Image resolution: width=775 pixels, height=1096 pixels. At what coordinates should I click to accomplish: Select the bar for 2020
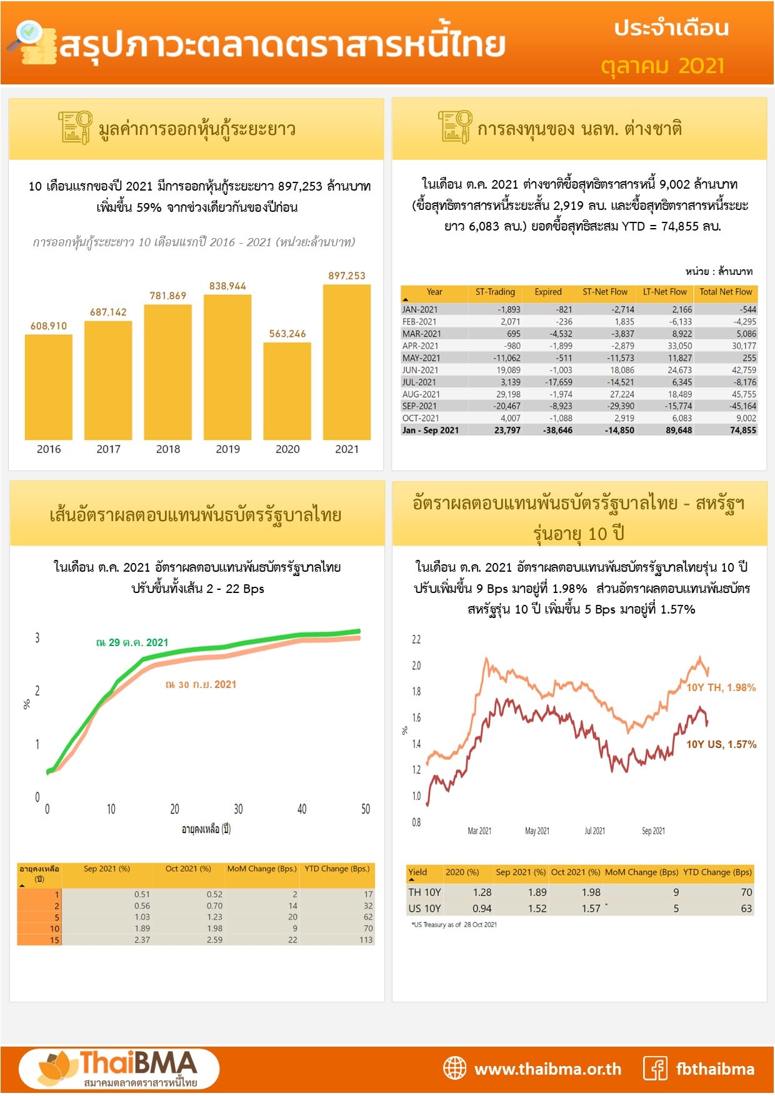pyautogui.click(x=287, y=391)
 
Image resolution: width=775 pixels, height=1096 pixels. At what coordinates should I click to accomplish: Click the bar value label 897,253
pyautogui.click(x=347, y=276)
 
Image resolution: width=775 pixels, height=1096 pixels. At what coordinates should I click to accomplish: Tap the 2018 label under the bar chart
pyautogui.click(x=168, y=449)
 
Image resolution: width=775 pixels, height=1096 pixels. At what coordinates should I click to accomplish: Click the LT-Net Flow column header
pyautogui.click(x=664, y=292)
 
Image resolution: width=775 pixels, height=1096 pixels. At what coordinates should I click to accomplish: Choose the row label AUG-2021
pyautogui.click(x=421, y=394)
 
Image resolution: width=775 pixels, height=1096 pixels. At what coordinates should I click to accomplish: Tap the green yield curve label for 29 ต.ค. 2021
pyautogui.click(x=132, y=642)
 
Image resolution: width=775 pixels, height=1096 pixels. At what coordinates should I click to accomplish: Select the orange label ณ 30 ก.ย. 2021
pyautogui.click(x=201, y=685)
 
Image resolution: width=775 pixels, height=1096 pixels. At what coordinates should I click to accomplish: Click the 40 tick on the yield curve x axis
pyautogui.click(x=302, y=809)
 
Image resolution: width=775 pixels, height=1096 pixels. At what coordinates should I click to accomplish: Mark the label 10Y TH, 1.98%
pyautogui.click(x=721, y=687)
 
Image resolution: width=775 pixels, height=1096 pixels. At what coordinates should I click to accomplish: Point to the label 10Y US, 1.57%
pyautogui.click(x=721, y=744)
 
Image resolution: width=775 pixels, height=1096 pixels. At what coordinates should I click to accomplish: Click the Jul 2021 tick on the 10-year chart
pyautogui.click(x=594, y=831)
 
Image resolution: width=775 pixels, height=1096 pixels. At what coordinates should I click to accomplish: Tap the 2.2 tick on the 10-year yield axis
pyautogui.click(x=416, y=639)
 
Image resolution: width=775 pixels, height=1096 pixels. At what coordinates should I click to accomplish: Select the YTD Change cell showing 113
pyautogui.click(x=366, y=940)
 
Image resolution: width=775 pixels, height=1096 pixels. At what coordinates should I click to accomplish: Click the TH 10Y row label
pyautogui.click(x=424, y=892)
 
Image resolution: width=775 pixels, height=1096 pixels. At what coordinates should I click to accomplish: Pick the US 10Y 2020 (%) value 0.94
pyautogui.click(x=482, y=909)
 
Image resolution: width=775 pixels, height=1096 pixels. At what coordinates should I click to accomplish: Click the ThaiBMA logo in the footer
pyautogui.click(x=119, y=1069)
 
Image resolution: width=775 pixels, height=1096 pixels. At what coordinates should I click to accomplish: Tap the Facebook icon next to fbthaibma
pyautogui.click(x=655, y=1069)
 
